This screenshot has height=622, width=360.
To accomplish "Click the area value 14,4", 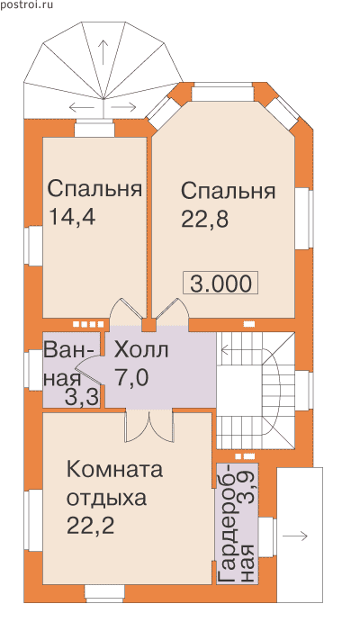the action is (72, 217).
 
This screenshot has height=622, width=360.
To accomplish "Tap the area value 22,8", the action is (205, 219).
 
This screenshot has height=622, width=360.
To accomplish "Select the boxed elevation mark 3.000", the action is (220, 284).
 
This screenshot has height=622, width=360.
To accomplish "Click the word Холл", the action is (141, 350).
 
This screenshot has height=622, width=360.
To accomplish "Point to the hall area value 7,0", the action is (132, 377).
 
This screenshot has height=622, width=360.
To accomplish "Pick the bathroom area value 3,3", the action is (81, 398).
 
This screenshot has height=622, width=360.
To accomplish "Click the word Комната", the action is (114, 469).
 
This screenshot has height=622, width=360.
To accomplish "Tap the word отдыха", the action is (106, 499).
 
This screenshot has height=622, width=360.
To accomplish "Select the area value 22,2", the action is (90, 526).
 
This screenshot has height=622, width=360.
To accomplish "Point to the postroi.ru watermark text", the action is (26, 5).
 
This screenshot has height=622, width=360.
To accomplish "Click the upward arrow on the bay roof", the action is (103, 52).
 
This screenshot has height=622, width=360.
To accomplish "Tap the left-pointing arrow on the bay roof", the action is (82, 107).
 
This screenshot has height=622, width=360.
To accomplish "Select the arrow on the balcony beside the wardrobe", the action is (294, 536).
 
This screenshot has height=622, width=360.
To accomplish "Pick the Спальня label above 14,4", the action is (94, 189).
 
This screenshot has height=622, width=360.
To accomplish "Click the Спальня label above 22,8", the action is (229, 191).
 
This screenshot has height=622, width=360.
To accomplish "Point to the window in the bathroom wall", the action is (33, 369).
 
